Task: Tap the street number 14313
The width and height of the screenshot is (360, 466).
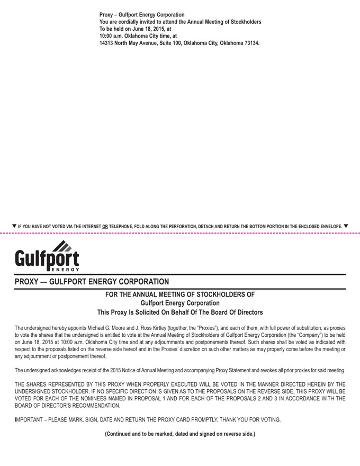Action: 107,43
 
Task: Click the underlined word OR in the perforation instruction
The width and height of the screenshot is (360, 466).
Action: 105,227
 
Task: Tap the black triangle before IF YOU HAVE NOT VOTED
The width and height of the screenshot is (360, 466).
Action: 14,226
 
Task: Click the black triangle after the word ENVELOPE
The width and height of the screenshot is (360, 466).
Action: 346,226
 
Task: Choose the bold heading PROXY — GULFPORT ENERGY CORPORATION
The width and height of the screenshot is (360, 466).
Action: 92,282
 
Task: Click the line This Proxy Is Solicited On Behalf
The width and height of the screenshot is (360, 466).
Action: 179,312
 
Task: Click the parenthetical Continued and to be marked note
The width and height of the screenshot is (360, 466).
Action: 179,434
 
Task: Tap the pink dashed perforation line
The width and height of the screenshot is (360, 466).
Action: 180,232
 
